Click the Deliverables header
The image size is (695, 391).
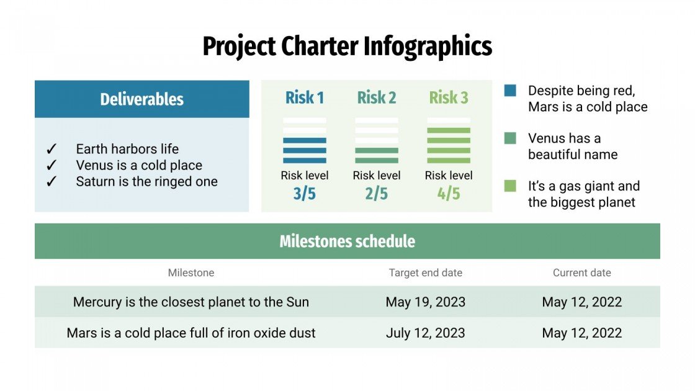pos(142,99)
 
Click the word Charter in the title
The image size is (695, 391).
pos(319,47)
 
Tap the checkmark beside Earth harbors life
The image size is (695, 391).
pos(52,149)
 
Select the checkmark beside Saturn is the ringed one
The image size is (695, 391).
pos(52,182)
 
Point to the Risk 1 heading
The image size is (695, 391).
pos(305,97)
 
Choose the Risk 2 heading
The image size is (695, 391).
pos(377,97)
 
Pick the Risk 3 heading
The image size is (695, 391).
pos(449,97)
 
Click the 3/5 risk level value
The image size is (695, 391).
pos(305,194)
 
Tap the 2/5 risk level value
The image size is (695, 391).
pos(377,194)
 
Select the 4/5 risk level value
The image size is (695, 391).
pos(449,194)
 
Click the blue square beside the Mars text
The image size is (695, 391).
pos(510,91)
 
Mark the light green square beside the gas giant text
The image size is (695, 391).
pos(510,186)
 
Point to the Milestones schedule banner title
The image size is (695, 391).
pos(347,241)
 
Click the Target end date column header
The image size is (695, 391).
pos(426,273)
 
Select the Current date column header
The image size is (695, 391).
pos(582,273)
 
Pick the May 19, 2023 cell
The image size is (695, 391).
pos(426,302)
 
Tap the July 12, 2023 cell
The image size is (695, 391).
pos(426,333)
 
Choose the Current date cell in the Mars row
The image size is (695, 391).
pos(582,333)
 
